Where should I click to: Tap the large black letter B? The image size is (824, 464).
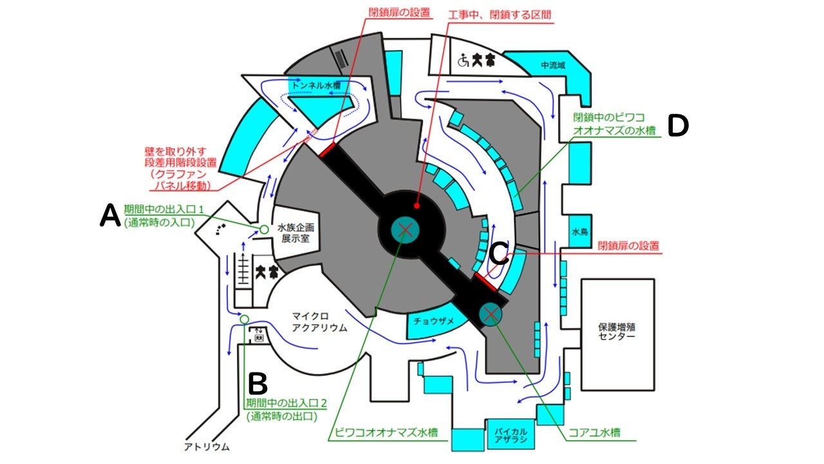(257, 384)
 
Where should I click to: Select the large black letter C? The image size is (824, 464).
(499, 253)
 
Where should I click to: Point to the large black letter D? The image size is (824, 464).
(678, 126)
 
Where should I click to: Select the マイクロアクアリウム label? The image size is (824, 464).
(319, 322)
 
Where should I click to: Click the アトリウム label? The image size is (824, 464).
(206, 446)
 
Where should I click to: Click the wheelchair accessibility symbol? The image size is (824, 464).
(462, 61)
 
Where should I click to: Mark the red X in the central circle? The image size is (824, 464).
(405, 228)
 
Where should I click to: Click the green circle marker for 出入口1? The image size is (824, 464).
(263, 229)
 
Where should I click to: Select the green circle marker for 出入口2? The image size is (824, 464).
(244, 319)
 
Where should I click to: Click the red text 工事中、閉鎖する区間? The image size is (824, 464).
(498, 14)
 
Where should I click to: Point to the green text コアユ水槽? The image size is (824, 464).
(597, 432)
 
